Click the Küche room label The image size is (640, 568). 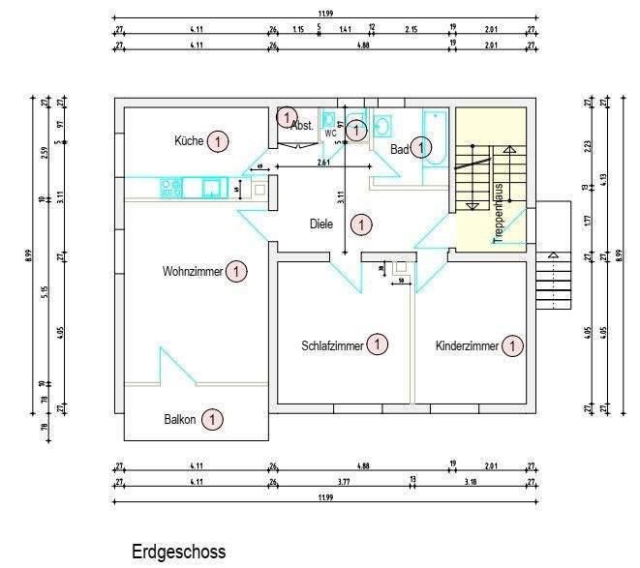[189, 141]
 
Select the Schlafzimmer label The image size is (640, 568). [332, 344]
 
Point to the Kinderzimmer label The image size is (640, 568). [467, 345]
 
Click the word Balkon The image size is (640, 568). [180, 420]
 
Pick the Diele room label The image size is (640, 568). [321, 224]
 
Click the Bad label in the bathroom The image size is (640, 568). [399, 150]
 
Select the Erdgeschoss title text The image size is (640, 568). [178, 552]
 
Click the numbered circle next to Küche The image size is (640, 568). [218, 141]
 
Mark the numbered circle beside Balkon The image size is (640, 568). [212, 420]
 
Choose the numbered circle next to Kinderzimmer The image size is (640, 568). [513, 344]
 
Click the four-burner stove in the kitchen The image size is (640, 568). [172, 186]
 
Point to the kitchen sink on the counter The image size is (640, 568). [210, 187]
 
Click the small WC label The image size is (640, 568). [330, 134]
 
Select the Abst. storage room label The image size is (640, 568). [302, 125]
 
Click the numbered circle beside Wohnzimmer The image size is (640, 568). [236, 272]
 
